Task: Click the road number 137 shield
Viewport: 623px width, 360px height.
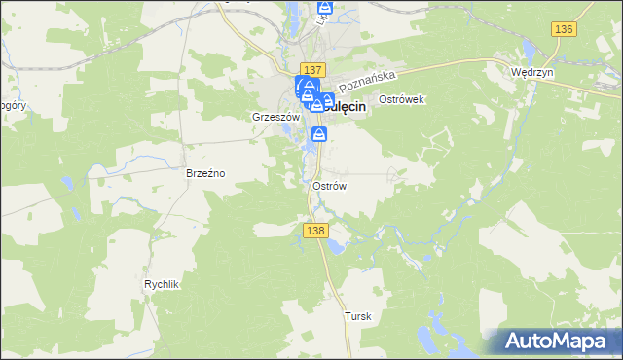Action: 311,70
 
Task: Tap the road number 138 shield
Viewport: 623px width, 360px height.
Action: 313,231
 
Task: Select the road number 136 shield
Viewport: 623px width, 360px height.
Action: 563,30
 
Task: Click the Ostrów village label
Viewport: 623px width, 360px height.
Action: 330,185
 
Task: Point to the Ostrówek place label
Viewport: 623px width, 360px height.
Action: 402,100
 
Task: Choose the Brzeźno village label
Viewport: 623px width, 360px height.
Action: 205,173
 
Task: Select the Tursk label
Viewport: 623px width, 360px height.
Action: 358,317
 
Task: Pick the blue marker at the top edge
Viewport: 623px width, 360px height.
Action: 325,10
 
